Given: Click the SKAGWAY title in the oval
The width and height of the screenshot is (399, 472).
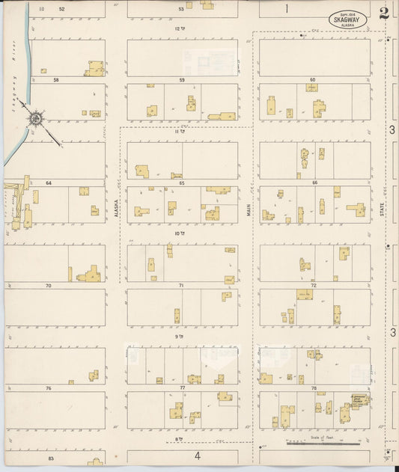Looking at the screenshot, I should (x=347, y=19).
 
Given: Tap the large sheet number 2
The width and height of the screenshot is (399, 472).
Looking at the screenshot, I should (x=384, y=13).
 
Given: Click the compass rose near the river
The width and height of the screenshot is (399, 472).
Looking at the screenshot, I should (x=35, y=118).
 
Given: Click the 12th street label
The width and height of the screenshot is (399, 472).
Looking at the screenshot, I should (x=179, y=28).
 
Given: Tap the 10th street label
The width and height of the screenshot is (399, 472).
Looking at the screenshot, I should (x=179, y=233).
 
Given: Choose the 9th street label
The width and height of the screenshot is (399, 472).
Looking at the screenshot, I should (x=179, y=337).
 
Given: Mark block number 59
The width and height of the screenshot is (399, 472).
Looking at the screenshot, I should (x=181, y=79).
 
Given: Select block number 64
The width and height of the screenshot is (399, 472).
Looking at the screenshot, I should (x=49, y=183).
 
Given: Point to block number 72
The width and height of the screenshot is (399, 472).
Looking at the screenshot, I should (x=314, y=286).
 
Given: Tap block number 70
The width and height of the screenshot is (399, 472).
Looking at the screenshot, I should (x=49, y=286).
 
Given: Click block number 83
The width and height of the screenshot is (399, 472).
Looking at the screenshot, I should (x=51, y=458).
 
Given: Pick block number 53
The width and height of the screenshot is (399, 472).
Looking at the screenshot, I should (x=181, y=9).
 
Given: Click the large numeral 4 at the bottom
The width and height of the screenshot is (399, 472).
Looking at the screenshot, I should (x=198, y=456).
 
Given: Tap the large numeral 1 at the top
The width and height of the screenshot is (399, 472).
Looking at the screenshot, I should (x=286, y=9).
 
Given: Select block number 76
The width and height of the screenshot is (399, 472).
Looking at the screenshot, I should (x=49, y=388).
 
